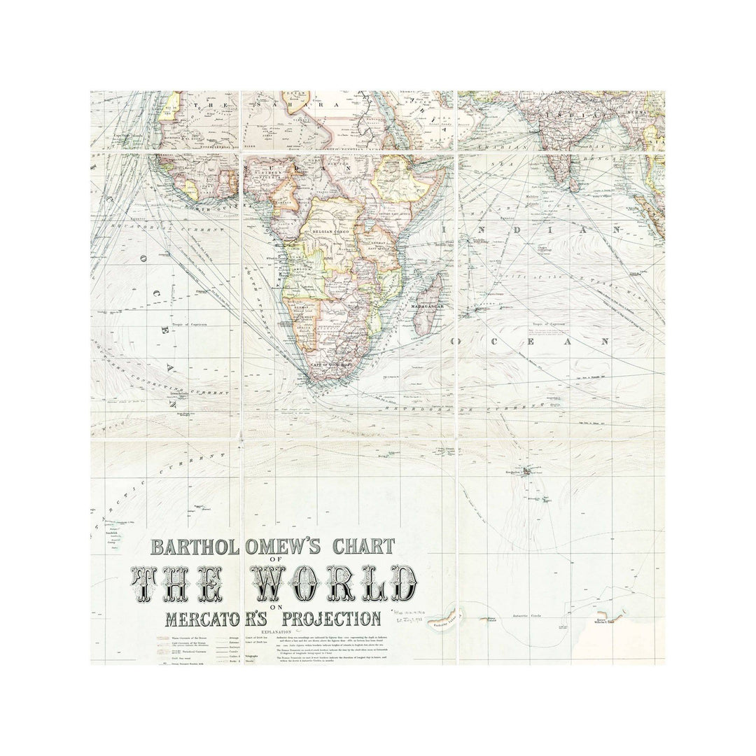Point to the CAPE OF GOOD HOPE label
click(x=329, y=363)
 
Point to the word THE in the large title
click(x=177, y=583)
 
